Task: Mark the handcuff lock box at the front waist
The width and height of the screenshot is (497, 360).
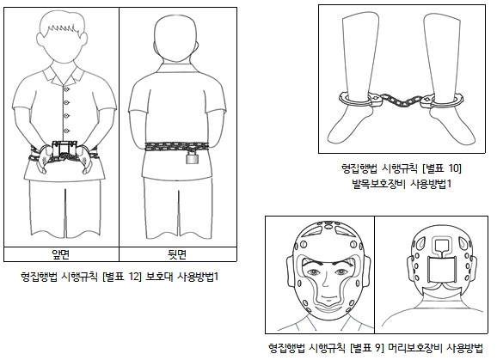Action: pos(64,147)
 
